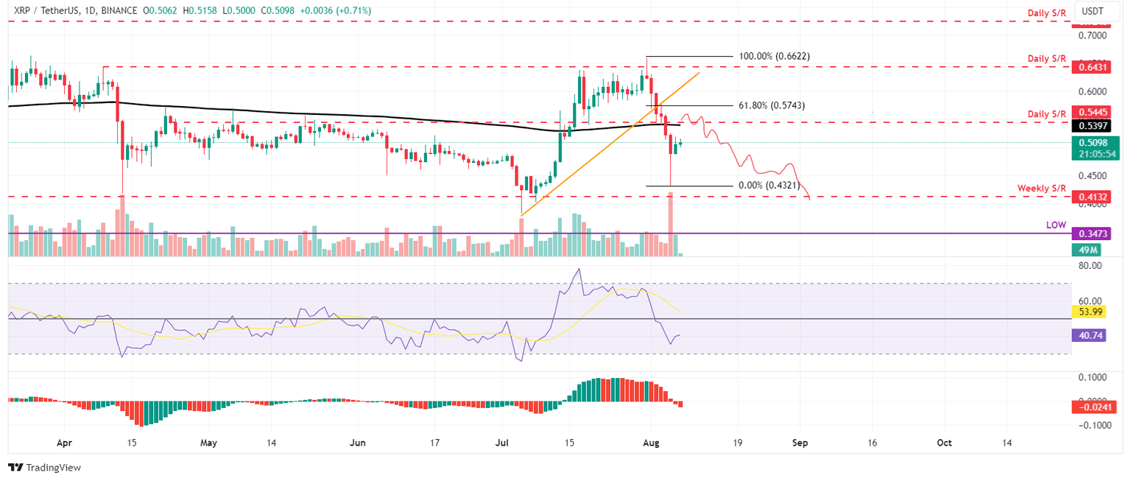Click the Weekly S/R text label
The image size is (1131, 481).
(1042, 189)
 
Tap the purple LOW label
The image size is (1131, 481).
(1055, 225)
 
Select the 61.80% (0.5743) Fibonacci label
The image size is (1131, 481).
(769, 105)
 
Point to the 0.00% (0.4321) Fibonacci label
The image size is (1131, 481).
(769, 186)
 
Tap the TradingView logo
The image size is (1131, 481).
(44, 468)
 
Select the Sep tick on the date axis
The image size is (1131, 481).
(800, 443)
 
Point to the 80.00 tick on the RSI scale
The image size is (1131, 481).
(1090, 266)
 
